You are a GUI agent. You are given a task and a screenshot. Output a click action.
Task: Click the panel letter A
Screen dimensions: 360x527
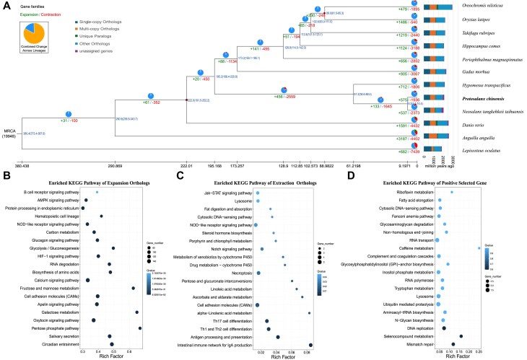(5, 5)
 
